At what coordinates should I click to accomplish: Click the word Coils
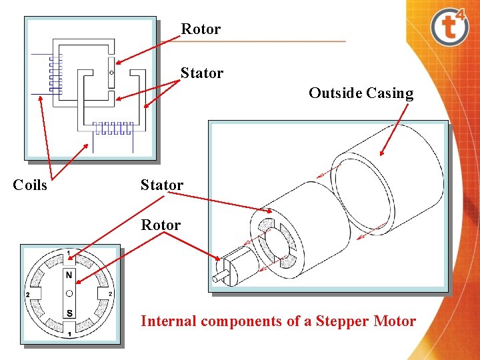click(30, 185)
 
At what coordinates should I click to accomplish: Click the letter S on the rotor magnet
click(69, 313)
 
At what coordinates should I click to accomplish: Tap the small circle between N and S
click(69, 294)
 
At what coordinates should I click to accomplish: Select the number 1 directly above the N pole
click(69, 253)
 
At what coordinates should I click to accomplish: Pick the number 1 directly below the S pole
click(69, 333)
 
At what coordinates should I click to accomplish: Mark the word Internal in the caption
click(169, 321)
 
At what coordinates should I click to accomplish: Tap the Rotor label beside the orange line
click(201, 29)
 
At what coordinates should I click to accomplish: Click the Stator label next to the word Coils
click(161, 185)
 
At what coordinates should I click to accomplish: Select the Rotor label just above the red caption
click(161, 225)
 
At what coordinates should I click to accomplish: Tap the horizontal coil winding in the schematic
click(113, 127)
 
